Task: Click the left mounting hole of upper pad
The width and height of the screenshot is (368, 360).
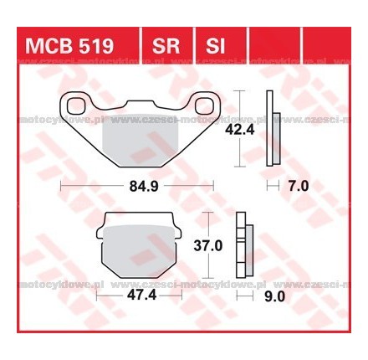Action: click(57, 105)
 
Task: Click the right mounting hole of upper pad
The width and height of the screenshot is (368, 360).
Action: click(206, 105)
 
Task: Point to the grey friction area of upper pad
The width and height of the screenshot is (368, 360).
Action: click(134, 138)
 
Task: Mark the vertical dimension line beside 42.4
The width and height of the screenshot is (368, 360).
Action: click(240, 126)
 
